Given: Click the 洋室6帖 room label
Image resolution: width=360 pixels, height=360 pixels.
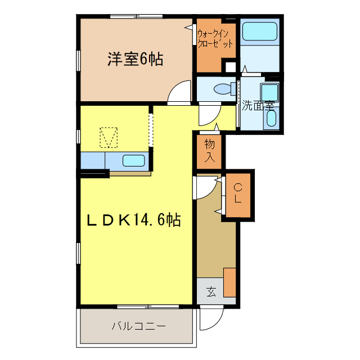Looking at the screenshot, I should (135, 59).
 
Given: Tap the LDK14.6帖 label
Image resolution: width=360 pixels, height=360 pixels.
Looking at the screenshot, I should (133, 220).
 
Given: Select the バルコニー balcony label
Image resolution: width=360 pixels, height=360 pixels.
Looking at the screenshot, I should (138, 326).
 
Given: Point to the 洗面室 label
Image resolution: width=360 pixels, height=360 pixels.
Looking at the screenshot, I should (258, 105).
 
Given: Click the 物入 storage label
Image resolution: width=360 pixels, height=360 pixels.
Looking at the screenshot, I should (210, 151).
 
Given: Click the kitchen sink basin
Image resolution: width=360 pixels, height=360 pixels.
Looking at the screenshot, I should (134, 160).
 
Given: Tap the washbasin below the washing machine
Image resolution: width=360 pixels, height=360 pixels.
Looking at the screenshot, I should (271, 118).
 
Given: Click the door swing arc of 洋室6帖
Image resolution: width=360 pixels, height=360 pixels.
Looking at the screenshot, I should (179, 93).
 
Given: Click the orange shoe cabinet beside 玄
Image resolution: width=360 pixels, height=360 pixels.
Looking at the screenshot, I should (229, 282).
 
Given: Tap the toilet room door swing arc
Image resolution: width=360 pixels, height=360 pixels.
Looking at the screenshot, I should (207, 115).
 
